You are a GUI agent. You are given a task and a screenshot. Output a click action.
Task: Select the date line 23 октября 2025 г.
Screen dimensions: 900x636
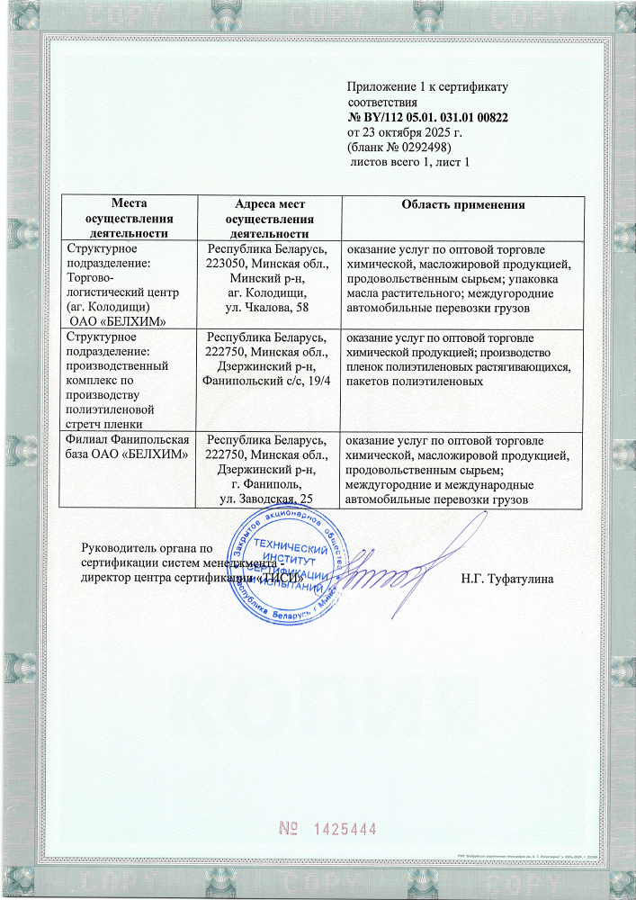410,132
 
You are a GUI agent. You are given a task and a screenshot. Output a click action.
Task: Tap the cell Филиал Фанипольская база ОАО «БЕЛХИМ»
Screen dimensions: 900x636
128,446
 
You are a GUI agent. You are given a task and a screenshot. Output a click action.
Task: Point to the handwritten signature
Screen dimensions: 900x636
387,571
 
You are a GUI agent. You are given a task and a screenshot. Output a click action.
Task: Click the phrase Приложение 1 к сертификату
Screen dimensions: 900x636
427,87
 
